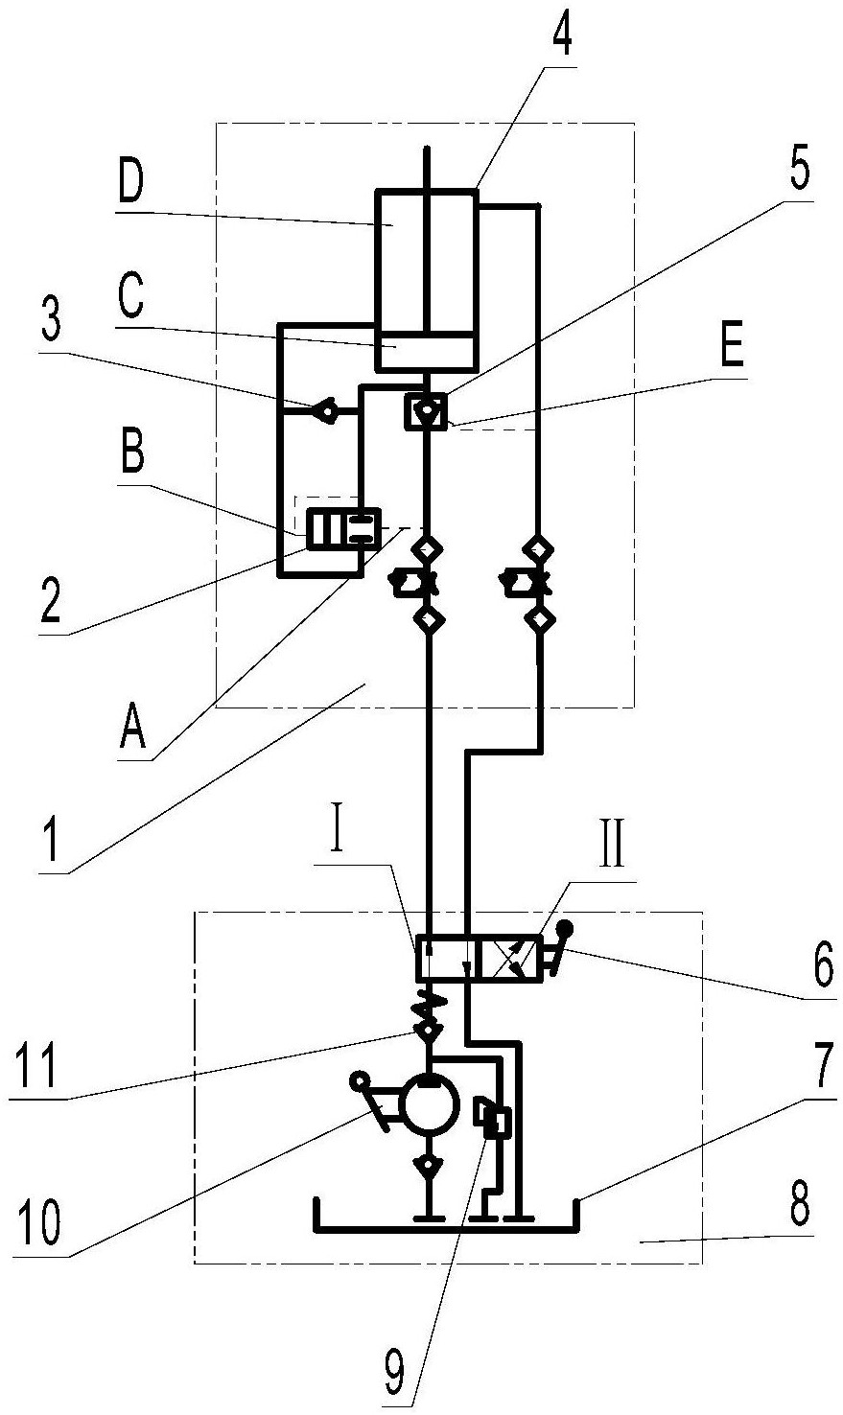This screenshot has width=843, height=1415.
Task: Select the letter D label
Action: (x=130, y=184)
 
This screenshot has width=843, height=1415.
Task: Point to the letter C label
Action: (x=130, y=297)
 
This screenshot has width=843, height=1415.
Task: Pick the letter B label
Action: (x=132, y=452)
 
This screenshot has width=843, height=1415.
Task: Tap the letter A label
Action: (x=132, y=728)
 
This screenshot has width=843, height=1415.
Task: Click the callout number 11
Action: (x=37, y=1066)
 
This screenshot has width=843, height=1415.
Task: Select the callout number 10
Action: (x=40, y=1222)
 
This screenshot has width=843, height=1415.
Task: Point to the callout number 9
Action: (x=394, y=1375)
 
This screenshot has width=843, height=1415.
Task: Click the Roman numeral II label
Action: (x=611, y=844)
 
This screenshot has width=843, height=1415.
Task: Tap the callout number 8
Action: (x=800, y=1206)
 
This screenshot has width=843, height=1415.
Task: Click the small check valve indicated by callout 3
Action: (x=326, y=411)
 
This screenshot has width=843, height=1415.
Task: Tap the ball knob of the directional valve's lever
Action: (x=565, y=929)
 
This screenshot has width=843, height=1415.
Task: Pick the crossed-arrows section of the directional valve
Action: (x=511, y=959)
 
